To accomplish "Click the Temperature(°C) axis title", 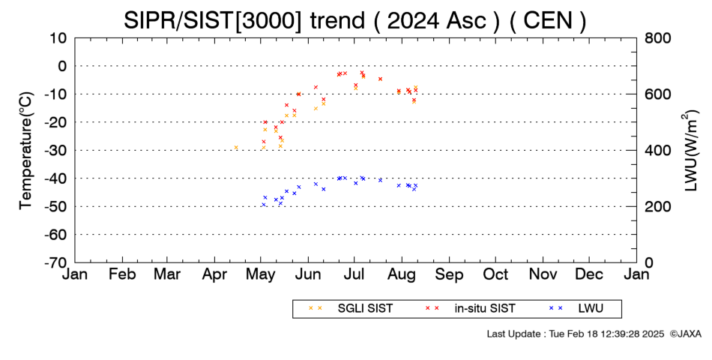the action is pos(26,151).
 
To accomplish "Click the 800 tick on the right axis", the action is pos(657,38).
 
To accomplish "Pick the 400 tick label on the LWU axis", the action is pos(657,151).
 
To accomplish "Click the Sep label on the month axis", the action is pos(449,274).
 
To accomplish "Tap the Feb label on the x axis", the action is pos(123,274).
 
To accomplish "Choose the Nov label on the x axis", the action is pos(543,274).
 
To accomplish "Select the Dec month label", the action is pos(589,274).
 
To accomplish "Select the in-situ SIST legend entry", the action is pos(470,309).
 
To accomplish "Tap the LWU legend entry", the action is pos(576,309).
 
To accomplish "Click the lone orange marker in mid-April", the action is pos(236,147).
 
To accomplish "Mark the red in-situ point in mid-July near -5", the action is pos(381,79).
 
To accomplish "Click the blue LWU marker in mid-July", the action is pos(381,180).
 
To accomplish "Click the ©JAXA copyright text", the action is pos(685,334).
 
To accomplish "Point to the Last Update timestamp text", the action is pos(576,334).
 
